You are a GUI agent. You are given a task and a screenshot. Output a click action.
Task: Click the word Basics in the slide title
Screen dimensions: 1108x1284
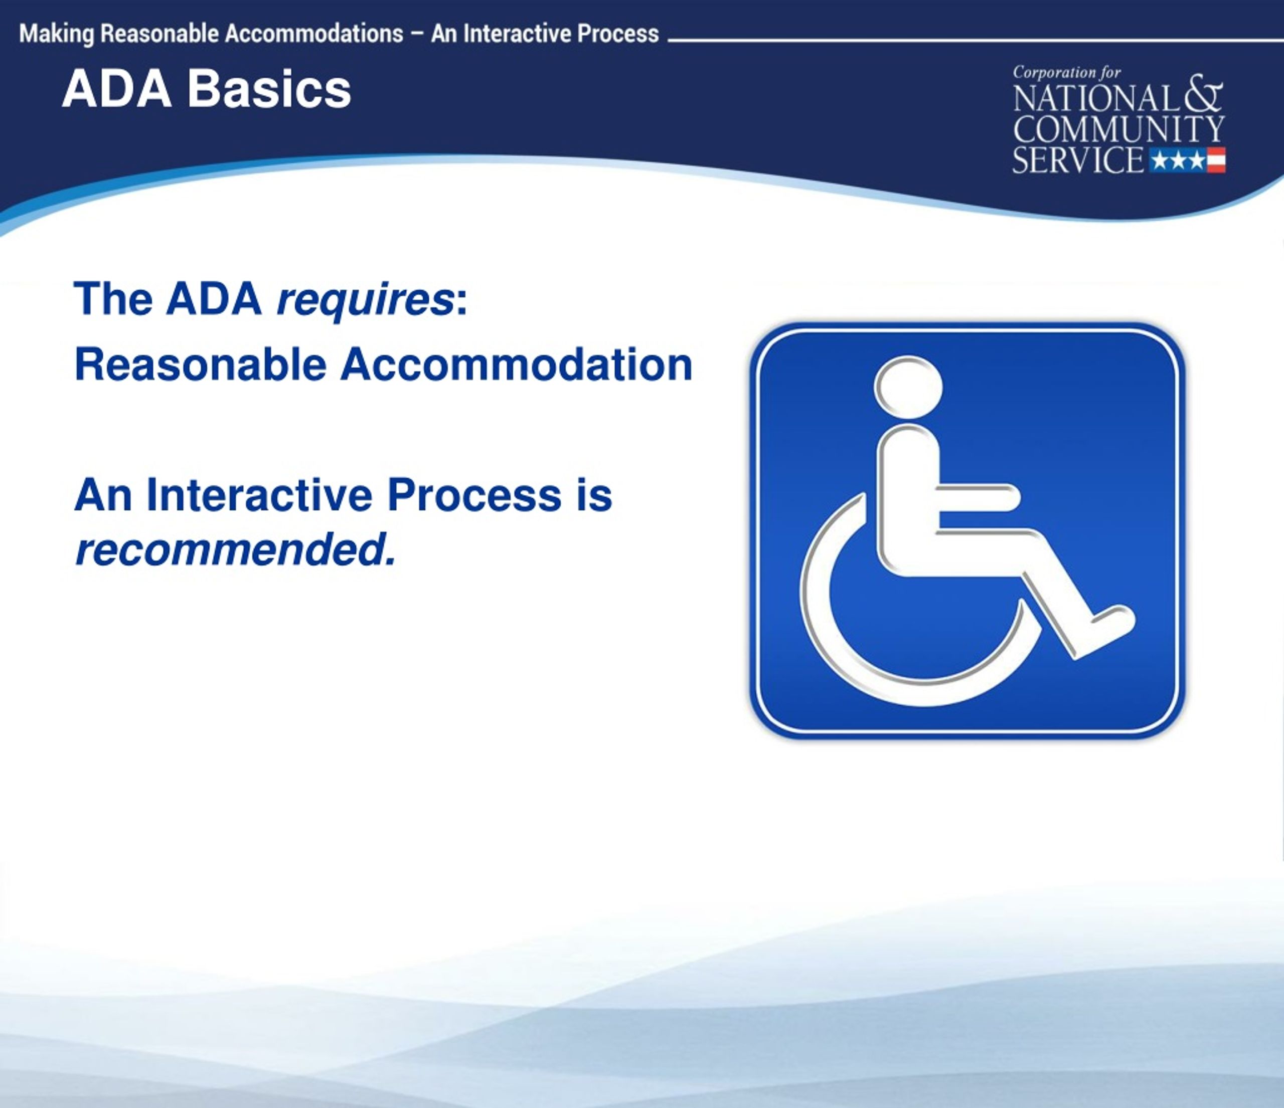(x=269, y=89)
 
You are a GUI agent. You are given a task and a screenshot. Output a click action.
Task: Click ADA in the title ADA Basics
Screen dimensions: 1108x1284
(x=116, y=89)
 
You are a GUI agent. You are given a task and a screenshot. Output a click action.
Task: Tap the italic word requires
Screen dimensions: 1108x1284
(x=364, y=299)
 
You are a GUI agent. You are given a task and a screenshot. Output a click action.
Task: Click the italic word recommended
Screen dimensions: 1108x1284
(x=234, y=549)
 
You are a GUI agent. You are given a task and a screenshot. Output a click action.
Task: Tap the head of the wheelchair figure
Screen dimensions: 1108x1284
(x=908, y=388)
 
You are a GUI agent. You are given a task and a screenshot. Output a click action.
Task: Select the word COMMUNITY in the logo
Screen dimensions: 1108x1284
(x=1118, y=129)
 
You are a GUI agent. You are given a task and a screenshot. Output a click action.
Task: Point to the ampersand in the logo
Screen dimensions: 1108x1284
(x=1203, y=95)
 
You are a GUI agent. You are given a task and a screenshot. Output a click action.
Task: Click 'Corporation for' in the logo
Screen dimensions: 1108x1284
(x=1066, y=73)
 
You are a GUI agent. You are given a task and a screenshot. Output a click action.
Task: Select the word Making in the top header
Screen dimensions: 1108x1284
(x=56, y=34)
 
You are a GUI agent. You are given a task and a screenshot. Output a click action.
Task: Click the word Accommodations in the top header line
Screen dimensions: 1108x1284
(x=313, y=34)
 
